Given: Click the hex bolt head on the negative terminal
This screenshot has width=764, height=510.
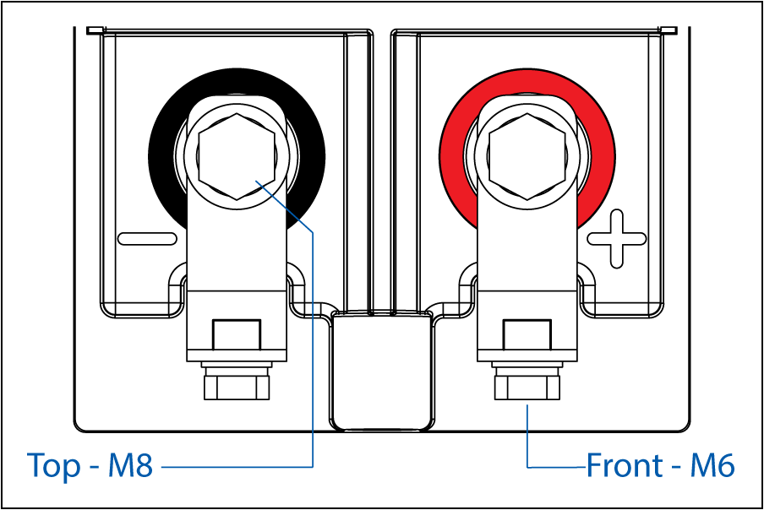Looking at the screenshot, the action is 237,157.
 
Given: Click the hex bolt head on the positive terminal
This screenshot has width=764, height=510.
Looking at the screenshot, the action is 527,157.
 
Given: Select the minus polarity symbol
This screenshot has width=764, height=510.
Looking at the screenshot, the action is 147,239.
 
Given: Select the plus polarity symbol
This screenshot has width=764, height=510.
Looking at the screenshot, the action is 617,239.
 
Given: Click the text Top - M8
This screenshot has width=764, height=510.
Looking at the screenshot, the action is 90,464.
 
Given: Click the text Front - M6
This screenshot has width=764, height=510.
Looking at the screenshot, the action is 660,464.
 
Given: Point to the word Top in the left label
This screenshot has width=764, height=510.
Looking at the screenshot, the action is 54,466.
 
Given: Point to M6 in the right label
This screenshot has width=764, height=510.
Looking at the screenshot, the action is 712,464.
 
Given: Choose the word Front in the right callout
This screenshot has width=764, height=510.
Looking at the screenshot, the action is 625,464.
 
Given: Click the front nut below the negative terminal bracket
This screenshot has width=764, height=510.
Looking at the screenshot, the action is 237,383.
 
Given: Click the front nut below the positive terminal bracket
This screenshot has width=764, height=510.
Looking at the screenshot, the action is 527,383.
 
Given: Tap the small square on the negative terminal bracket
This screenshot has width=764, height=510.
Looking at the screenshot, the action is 237,335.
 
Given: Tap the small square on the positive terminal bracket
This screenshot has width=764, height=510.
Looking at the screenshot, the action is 527,335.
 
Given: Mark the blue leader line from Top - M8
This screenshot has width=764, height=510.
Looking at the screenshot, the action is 313,340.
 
